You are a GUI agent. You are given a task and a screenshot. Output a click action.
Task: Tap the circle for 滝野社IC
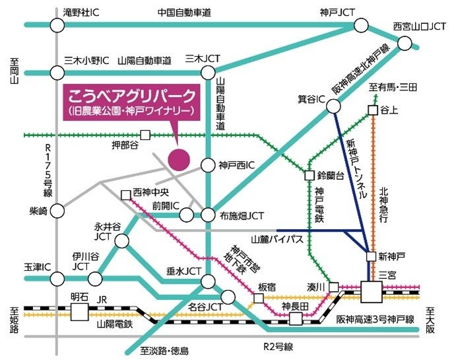pos(57,25)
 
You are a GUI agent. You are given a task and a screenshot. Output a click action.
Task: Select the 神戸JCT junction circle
pos(361,25)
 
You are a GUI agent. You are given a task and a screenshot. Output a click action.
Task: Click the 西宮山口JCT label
pos(419,27)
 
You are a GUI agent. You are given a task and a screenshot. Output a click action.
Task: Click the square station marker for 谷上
pos(373,110)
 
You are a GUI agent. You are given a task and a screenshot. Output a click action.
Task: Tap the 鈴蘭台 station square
pos(309,176)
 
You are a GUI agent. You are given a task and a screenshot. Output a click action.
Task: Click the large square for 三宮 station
pos(372,291)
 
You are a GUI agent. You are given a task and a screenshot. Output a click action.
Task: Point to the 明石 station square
pos(79,310)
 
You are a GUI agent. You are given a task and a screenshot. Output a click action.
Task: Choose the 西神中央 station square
pos(125,195)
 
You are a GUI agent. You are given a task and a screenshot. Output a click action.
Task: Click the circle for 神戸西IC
pos(208,165)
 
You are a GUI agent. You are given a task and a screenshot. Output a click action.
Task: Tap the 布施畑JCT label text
pos(243,215)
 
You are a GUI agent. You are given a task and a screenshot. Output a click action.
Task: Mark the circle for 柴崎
pos(57,211)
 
